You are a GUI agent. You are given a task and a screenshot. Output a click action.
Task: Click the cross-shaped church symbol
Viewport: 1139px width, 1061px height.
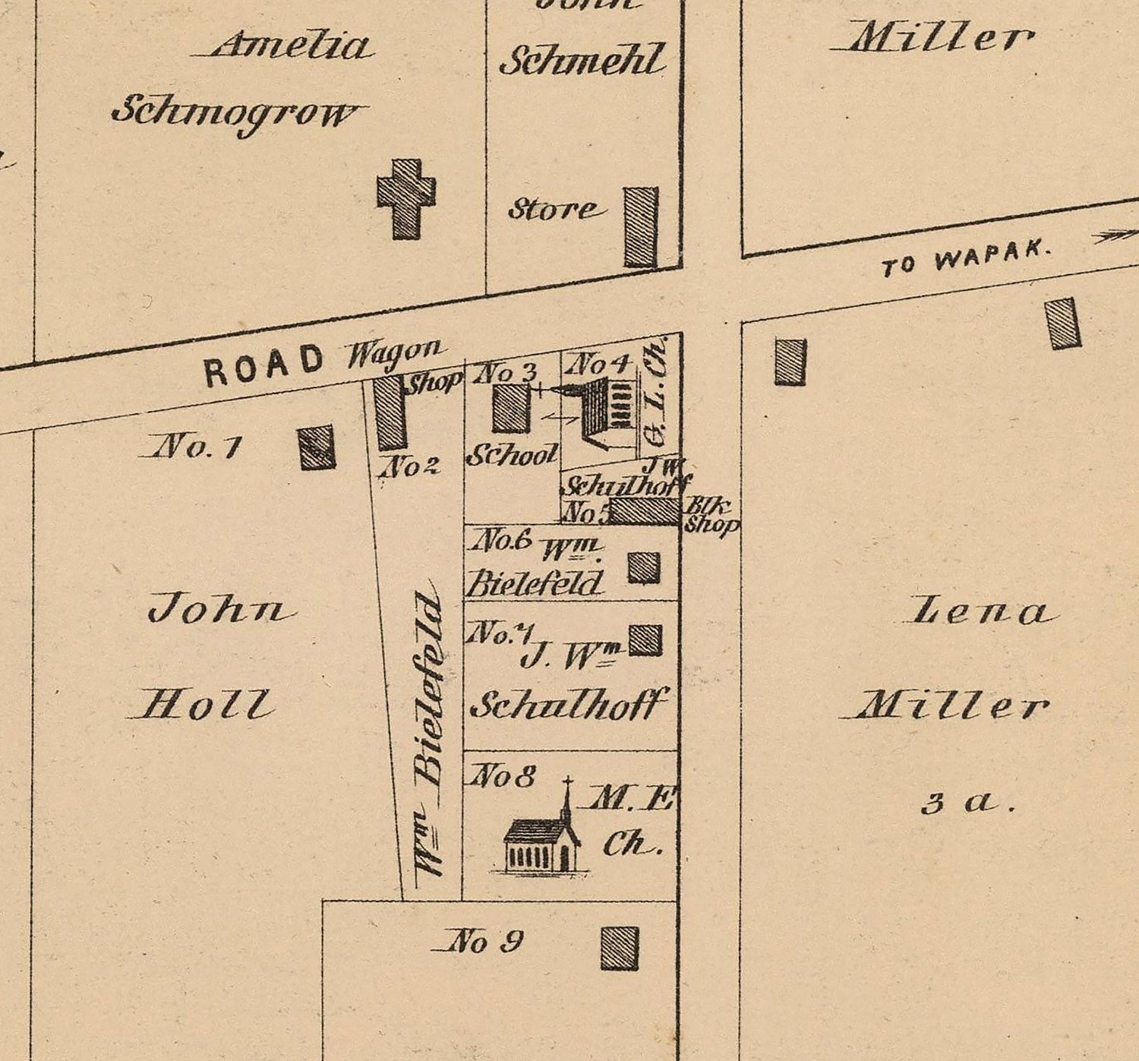pos(407,198)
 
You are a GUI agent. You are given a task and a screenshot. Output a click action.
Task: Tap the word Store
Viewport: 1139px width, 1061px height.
pos(554,209)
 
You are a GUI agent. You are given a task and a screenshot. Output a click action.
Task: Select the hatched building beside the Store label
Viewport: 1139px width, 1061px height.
pos(641,227)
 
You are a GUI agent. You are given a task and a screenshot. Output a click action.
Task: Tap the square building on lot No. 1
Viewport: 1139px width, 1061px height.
pos(317,447)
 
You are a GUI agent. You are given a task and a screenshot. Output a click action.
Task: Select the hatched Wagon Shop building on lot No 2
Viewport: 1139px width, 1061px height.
pos(391,413)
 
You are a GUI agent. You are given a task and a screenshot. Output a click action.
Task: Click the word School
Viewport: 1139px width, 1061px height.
pos(511,456)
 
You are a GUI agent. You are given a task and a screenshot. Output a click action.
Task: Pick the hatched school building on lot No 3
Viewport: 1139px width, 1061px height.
pos(510,409)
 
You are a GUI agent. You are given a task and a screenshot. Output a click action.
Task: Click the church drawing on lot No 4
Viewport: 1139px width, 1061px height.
pos(604,411)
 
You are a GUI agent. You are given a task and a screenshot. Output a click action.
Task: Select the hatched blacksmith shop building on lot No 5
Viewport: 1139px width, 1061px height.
pos(645,511)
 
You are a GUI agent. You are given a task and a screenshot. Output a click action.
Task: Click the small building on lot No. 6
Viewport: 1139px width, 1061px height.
pos(644,567)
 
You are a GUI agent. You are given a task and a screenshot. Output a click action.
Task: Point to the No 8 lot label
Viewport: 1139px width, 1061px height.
pos(503,776)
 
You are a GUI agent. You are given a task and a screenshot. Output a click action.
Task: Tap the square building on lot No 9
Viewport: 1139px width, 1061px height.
pos(620,948)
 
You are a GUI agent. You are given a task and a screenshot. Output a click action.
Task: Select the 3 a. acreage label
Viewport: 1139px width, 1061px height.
pos(968,803)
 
